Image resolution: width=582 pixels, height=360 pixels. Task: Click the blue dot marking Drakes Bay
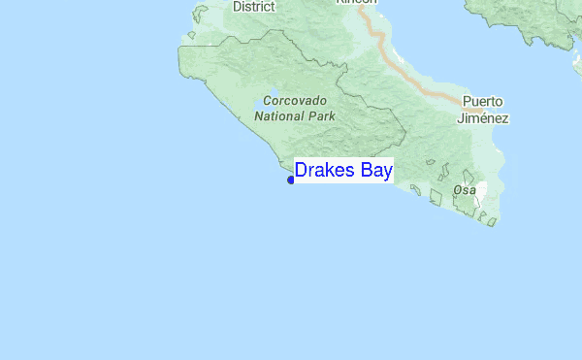pyautogui.click(x=291, y=180)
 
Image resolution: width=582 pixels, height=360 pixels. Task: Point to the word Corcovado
pyautogui.click(x=295, y=101)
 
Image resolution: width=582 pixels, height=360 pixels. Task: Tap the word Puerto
pyautogui.click(x=483, y=102)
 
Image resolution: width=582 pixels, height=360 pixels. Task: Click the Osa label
pyautogui.click(x=465, y=190)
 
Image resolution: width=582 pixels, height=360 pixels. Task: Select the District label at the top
pyautogui.click(x=254, y=7)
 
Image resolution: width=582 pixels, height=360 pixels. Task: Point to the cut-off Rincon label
pyautogui.click(x=356, y=3)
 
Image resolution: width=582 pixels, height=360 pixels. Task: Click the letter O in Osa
pyautogui.click(x=458, y=190)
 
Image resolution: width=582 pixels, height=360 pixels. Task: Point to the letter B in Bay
pyautogui.click(x=362, y=171)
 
